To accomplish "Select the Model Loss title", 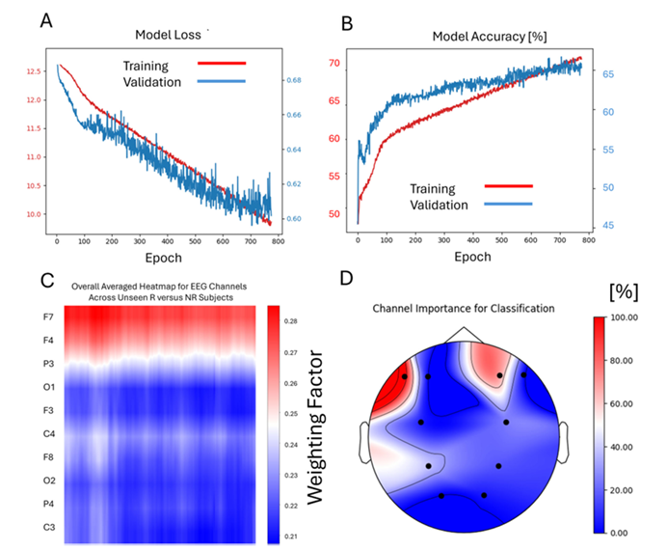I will (168, 35).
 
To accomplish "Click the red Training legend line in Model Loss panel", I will (222, 65).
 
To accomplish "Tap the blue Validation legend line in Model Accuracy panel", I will (508, 204).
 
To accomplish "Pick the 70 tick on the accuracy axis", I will (334, 64).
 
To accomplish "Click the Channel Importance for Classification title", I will (465, 309).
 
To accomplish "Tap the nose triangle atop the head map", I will (464, 334).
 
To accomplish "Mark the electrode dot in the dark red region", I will (405, 376).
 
